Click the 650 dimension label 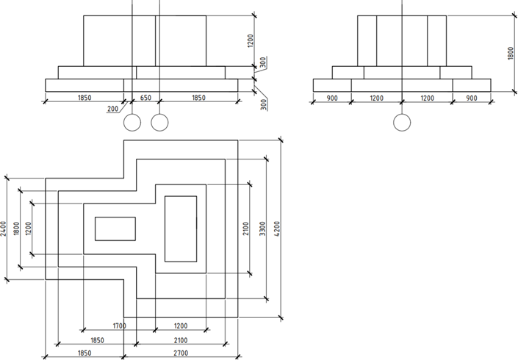pos(145,97)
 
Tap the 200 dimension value pos(112,109)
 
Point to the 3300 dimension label pos(263,228)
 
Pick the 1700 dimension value pos(119,325)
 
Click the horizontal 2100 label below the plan pos(181,340)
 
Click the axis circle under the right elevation pos(401,123)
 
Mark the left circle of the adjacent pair pos(132,123)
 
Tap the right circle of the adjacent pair pos(159,123)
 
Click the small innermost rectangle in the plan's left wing pos(115,228)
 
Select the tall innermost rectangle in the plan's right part pos(181,228)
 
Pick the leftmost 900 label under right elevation pos(331,98)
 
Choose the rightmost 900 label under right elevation pos(472,98)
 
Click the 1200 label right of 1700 pos(181,325)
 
